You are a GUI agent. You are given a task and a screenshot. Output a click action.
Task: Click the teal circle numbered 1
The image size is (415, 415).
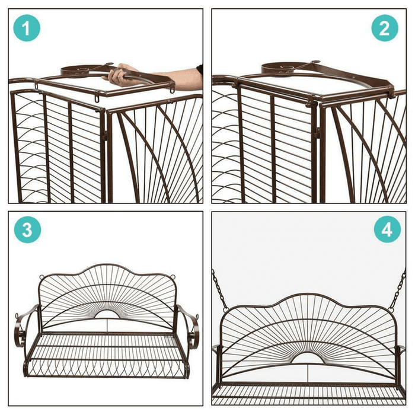coord(27,28)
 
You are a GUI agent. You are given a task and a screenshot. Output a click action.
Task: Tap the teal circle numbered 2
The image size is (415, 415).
coord(385,28)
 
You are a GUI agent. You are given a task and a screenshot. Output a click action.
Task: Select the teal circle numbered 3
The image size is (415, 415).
coord(27,230)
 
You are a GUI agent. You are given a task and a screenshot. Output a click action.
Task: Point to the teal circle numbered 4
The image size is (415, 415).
coord(387,229)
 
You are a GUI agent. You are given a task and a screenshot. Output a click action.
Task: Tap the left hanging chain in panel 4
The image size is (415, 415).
coord(220,290)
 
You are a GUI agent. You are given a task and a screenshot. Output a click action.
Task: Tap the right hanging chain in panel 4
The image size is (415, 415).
coord(398,290)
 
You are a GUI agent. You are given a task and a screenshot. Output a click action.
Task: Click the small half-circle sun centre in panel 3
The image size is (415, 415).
coord(106,314)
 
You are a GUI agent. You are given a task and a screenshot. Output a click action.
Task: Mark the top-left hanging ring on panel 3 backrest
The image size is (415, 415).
coord(41,277)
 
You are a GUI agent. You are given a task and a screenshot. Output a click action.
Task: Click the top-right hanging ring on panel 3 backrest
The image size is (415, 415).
coord(173,277)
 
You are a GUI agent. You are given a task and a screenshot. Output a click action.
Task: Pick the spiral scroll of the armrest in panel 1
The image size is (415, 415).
coord(79,70)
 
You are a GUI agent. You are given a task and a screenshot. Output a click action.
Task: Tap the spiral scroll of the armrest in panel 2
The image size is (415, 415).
coord(280,68)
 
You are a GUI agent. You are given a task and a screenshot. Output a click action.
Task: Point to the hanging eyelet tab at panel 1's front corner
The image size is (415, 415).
coord(96,100)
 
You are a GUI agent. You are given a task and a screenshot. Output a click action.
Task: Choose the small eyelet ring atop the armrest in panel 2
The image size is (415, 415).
coord(315,62)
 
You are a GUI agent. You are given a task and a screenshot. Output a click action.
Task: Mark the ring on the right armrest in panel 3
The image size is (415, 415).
coord(197,317)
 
